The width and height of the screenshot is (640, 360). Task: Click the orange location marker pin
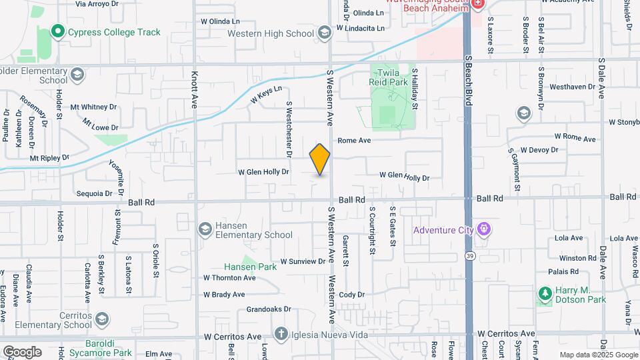[320, 159]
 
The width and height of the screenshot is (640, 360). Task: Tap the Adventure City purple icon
[483, 231]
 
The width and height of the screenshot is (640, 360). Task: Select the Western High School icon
[324, 33]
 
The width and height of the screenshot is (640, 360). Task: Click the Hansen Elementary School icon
[206, 229]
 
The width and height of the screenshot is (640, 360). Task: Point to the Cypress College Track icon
[57, 31]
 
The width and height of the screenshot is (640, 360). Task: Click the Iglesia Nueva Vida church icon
[281, 333]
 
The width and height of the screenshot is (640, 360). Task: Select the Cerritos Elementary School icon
[101, 320]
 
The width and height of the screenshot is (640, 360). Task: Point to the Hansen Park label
[250, 267]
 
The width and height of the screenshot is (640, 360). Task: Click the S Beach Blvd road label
[468, 80]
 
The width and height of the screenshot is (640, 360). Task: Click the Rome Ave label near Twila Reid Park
[354, 141]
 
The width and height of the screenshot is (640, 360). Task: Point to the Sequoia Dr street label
[95, 193]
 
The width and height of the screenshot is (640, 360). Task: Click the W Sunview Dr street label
[302, 261]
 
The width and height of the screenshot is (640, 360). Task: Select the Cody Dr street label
[352, 295]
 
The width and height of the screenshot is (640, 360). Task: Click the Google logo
[23, 351]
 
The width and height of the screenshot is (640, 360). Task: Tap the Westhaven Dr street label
[572, 87]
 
